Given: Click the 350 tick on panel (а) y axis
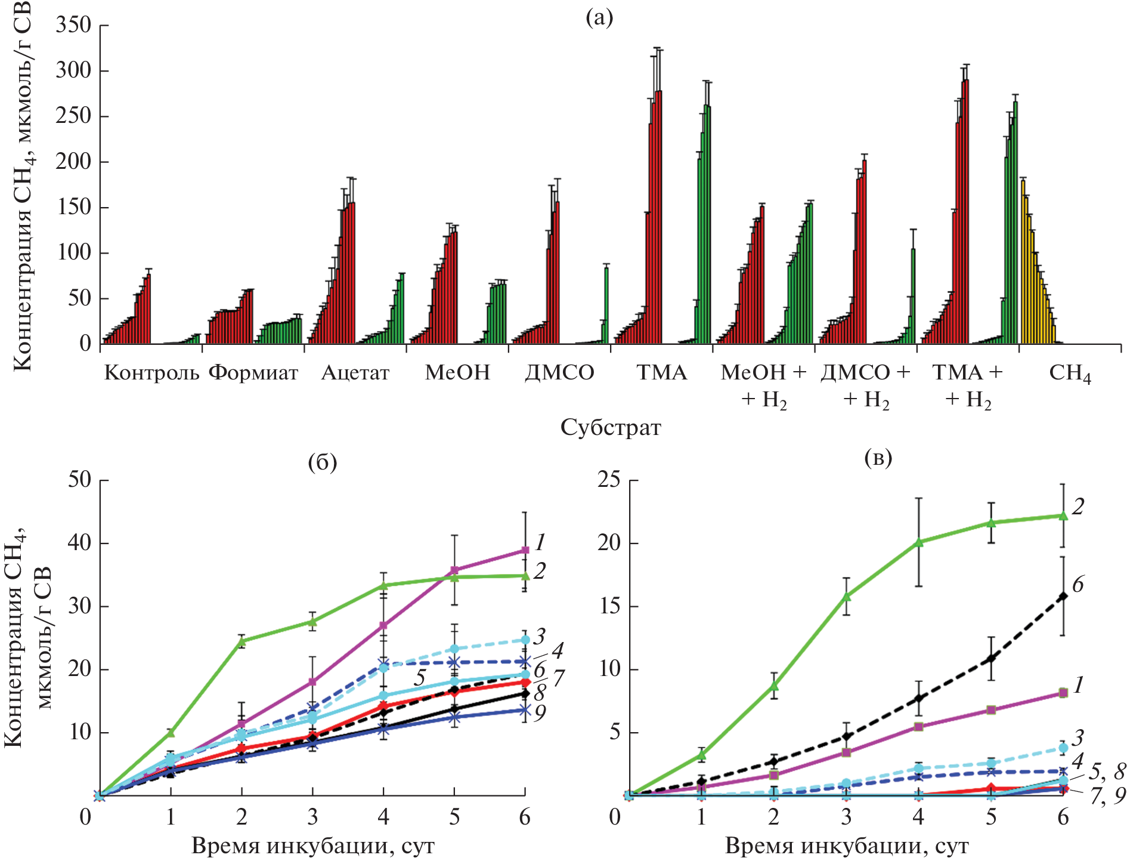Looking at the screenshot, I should (x=73, y=25).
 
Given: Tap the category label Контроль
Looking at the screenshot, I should (x=151, y=373).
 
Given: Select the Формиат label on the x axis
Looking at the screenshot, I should (x=253, y=373).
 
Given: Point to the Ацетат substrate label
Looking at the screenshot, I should (x=355, y=373).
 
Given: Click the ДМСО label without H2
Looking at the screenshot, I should (x=559, y=373).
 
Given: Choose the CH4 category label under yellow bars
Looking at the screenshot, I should (x=1070, y=374).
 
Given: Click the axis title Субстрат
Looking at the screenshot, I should (x=611, y=427).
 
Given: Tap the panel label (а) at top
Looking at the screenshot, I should (x=599, y=18).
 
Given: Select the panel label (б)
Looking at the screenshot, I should (x=323, y=462).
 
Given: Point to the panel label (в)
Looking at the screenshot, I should (x=878, y=458).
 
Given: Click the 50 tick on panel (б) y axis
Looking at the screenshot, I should (x=79, y=480).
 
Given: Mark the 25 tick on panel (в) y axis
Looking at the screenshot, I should (x=609, y=480).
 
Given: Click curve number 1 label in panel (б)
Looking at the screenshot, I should (x=540, y=542).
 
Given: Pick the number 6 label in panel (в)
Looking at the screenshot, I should (x=1078, y=585).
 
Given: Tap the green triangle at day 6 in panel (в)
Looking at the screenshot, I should (x=1063, y=515).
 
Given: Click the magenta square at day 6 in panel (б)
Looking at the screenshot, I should (x=525, y=550).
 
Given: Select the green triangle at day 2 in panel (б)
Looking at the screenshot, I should (x=241, y=641).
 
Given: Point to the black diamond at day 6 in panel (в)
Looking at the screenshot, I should (x=1063, y=595).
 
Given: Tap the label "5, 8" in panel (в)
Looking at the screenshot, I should (x=1107, y=771).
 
